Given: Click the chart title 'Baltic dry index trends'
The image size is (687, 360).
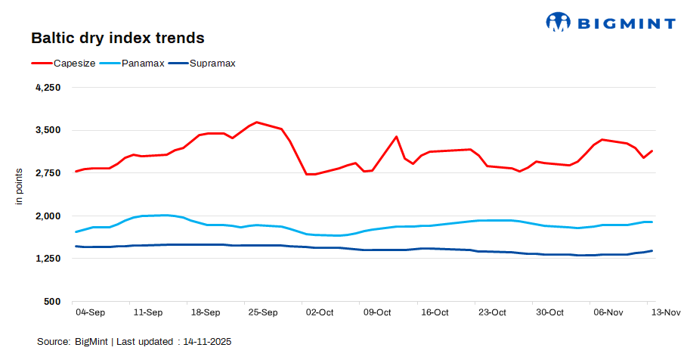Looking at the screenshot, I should point(117,37).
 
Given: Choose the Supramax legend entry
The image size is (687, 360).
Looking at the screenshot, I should point(212,64).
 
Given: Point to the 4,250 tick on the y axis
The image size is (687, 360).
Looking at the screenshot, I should point(48,88).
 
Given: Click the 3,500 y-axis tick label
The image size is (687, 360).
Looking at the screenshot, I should point(48,130).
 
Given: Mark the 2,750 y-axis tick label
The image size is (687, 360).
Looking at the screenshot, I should point(48,173).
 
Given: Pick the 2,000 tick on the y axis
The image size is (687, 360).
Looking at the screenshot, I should point(48,216).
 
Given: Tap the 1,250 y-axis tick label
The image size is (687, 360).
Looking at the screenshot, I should point(48,259).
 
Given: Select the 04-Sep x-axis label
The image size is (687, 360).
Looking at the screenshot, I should point(90,312).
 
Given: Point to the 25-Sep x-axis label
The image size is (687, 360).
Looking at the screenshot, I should point(263,312).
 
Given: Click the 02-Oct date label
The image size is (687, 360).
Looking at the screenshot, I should point(319,312).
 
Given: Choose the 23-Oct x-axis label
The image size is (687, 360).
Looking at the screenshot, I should point(492,312).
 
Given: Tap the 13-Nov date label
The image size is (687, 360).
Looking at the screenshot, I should point(665,312).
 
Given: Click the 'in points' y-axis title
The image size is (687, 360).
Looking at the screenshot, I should point(20,187).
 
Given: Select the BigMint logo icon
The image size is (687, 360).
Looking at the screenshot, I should point(559,22).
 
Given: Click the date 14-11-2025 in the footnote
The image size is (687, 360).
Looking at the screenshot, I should point(205,342).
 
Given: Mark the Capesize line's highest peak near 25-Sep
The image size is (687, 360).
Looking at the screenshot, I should point(257,122).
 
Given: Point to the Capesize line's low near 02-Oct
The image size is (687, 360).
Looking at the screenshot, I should point(308,174).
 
